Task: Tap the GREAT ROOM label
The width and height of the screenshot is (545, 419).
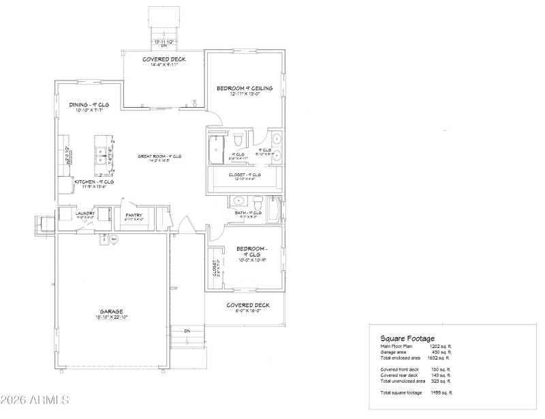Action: point(159,156)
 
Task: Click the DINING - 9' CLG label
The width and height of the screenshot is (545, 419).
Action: point(89,104)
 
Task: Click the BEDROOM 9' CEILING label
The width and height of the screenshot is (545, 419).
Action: point(245,88)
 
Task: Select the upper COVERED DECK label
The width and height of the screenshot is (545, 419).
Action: point(163,59)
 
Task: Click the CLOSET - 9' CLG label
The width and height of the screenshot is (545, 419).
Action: point(244,175)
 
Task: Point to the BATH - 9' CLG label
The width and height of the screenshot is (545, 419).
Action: point(247,213)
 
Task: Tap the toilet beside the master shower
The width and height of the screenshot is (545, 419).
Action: point(237,141)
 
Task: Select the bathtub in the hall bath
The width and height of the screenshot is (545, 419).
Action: point(275,210)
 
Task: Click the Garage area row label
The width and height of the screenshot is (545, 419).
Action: point(394,352)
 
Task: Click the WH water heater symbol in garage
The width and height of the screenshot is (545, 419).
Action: point(114,240)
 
